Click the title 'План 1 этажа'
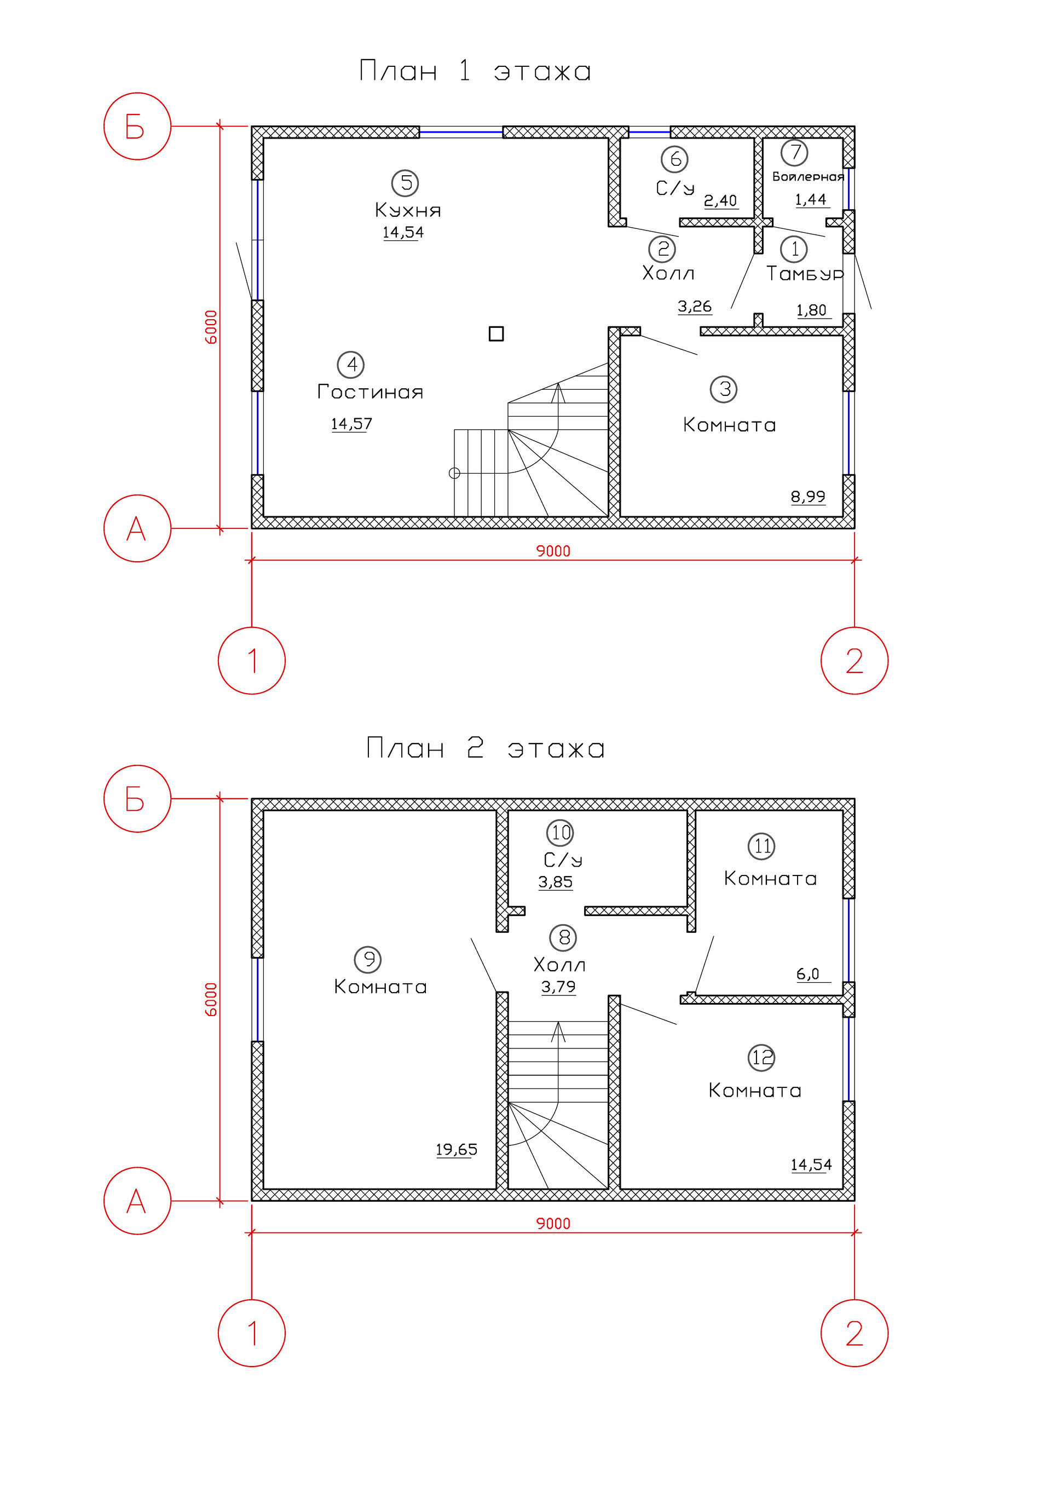(475, 71)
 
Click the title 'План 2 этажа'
(485, 748)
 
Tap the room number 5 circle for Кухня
(406, 183)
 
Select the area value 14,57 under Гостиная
(351, 424)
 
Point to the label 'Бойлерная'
(808, 176)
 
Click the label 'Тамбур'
(805, 273)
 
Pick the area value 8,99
(808, 497)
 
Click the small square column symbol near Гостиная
(496, 333)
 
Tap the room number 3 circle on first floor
(724, 389)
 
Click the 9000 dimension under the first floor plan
(553, 551)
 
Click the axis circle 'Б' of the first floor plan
(137, 126)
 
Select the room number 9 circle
(368, 959)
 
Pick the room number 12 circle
(761, 1058)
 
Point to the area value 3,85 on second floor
(556, 882)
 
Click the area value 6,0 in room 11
(808, 974)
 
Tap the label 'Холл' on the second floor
(559, 965)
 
